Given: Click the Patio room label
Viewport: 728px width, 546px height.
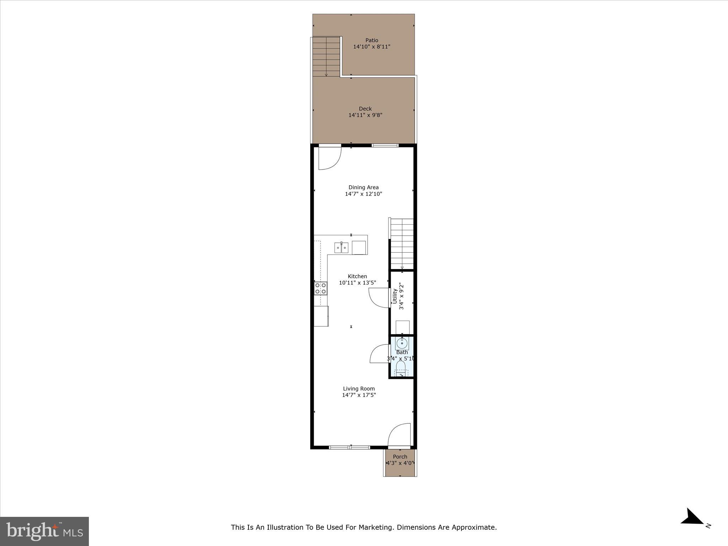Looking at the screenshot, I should pos(372,40).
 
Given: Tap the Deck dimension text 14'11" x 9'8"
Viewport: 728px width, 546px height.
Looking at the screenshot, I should pos(365,115).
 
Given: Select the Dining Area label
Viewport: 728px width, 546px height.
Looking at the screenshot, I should pos(363,187).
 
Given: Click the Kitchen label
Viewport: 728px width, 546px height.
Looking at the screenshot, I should pos(357,276).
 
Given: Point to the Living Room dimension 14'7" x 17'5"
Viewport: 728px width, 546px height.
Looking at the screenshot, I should pos(359,395).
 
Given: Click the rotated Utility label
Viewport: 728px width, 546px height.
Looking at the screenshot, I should pos(395,296).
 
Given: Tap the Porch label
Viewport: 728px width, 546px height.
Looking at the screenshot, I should pos(400,457).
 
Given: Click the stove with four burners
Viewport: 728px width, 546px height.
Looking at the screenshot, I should pos(321,288).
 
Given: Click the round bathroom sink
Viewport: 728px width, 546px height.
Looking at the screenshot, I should pos(402,343).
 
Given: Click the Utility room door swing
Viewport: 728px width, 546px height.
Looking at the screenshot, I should pos(378,298).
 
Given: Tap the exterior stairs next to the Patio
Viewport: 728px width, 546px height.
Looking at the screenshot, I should pos(326,57).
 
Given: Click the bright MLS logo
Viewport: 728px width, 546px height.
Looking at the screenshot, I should pos(44,531).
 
